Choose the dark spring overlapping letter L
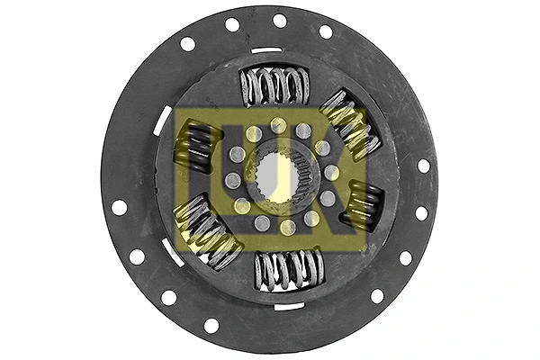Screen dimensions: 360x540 (197, 147)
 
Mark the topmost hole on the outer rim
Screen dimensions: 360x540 (279, 21)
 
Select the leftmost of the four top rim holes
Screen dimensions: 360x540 (187, 43)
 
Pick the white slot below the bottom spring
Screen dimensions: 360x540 (289, 307)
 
